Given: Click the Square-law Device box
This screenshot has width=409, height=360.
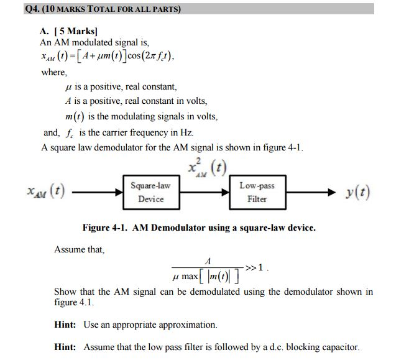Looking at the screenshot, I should [x=151, y=192].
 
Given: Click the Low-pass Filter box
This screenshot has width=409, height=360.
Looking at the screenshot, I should [x=257, y=192].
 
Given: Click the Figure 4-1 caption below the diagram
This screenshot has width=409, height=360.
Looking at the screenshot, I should [x=199, y=228].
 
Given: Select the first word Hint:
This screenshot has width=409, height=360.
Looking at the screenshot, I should [x=65, y=325].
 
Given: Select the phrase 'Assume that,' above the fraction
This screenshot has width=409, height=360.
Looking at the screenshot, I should [x=80, y=249].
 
